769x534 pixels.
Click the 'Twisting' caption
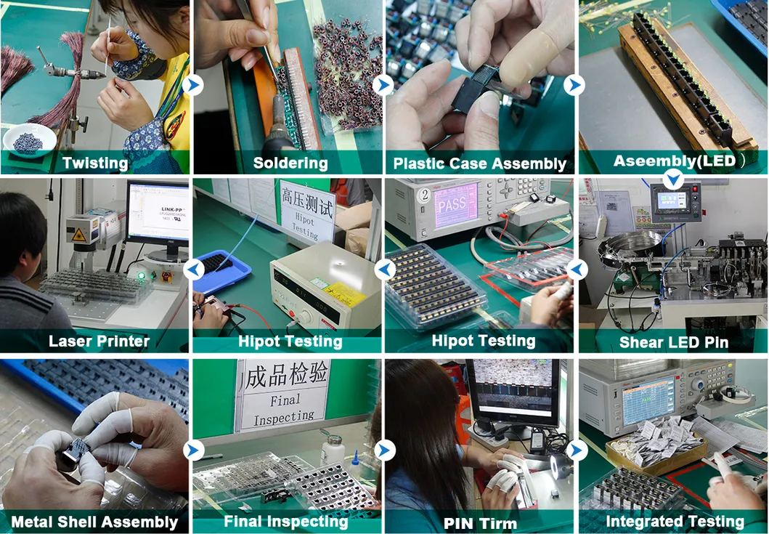[x=95, y=163]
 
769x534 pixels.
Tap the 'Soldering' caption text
[x=290, y=163]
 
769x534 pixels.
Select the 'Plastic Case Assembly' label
[x=479, y=163]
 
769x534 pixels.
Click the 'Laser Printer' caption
[x=99, y=341]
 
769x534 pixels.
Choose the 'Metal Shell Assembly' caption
[x=94, y=522]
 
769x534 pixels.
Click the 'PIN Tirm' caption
[x=480, y=522]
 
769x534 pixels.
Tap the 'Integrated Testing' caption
[x=675, y=521]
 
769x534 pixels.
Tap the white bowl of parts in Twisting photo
[x=29, y=138]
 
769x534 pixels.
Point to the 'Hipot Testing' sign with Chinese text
[x=308, y=211]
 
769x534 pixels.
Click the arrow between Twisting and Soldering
[x=192, y=86]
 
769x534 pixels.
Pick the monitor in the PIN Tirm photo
[x=512, y=392]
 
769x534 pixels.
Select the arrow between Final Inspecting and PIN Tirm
[x=384, y=450]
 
